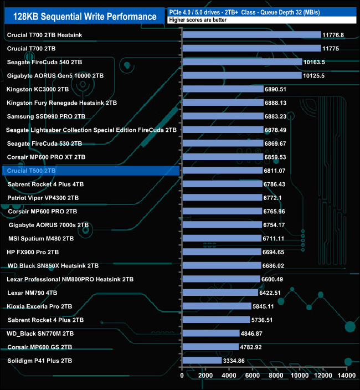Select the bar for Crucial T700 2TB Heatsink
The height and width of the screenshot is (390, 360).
pos(251,35)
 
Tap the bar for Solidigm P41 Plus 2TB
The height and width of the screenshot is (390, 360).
pos(202,361)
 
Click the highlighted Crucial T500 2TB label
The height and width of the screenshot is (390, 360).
pos(32,171)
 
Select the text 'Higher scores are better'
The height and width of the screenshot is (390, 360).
pos(198,20)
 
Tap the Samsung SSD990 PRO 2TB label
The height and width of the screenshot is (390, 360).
pos(46,116)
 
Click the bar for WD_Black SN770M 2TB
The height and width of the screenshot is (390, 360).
pos(211,333)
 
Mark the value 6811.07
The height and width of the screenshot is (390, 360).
pos(274,171)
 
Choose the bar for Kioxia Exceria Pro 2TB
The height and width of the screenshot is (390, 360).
pos(217,306)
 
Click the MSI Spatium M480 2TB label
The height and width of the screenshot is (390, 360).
pos(41,238)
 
